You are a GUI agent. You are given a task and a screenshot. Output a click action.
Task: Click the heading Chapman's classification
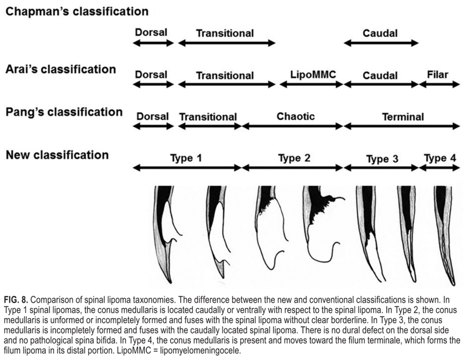coord(77,10)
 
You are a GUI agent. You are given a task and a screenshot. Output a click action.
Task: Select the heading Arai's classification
coord(60,69)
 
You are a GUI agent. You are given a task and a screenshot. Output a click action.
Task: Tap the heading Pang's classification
coord(64,112)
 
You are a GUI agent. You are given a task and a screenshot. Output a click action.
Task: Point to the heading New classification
coord(57,155)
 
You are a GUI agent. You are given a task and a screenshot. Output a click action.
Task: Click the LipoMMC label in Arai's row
coord(311,75)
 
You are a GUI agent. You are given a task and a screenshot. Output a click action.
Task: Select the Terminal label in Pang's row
coord(403,117)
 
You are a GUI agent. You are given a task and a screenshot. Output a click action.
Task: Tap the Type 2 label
coord(293,158)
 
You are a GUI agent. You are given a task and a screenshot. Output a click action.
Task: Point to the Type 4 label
coord(440,158)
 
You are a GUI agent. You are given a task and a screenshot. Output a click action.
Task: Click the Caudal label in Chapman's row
coord(380,33)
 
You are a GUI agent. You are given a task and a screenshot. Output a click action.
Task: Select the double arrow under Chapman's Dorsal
coord(153,43)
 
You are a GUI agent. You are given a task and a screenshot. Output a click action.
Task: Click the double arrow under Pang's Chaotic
coord(292,126)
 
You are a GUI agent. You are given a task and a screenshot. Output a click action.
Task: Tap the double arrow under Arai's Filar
coord(439,84)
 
